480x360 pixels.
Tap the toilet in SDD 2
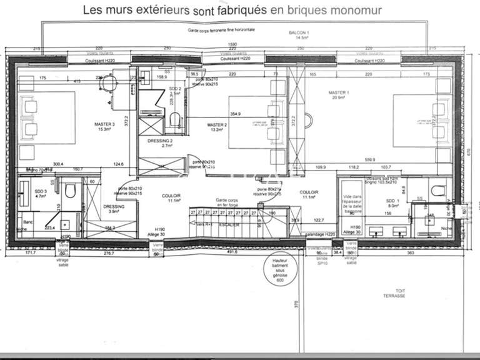point(176,117)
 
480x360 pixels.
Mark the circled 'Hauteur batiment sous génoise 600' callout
point(276,272)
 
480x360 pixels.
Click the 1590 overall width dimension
point(232,44)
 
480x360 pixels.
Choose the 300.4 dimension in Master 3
point(57,164)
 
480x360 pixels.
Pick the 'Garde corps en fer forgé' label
point(227,204)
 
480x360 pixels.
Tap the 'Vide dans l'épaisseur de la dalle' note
point(353,203)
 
